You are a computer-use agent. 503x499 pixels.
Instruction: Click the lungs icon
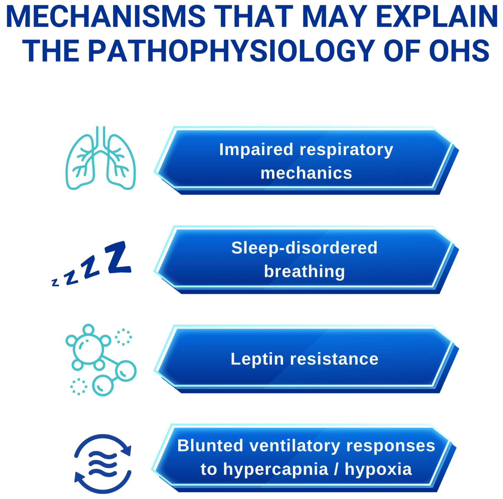pos(100,158)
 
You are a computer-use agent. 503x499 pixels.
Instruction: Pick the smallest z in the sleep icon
pos(55,283)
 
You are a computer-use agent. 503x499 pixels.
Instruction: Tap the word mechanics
pos(306,173)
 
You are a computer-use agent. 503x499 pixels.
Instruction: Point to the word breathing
pos(304,272)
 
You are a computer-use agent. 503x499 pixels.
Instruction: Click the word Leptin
pos(257,359)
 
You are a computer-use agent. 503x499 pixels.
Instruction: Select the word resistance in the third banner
pos(334,359)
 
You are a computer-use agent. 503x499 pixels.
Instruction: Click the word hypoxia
pos(378,470)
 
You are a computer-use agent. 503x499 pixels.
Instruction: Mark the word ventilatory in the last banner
pos(295,446)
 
